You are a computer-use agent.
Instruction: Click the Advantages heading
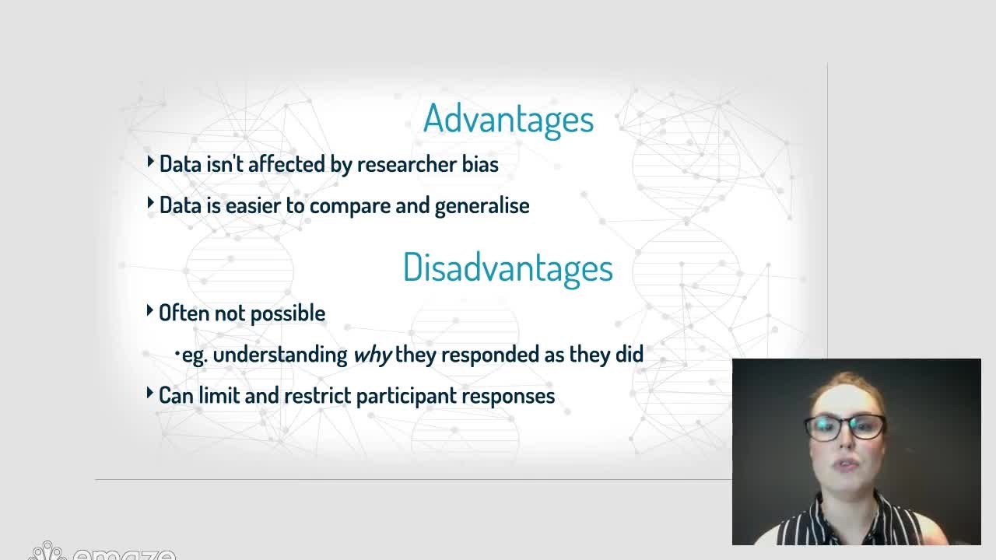pos(508,119)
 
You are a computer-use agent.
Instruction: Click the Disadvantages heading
pos(508,268)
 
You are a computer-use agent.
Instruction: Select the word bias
pos(480,164)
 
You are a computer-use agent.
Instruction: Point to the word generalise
pos(482,207)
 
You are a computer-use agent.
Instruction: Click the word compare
pos(350,207)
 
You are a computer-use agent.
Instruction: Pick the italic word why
pos(372,355)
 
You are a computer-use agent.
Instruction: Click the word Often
pos(184,313)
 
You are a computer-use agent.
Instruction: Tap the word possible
pos(288,314)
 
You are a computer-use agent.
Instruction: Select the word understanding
pos(280,355)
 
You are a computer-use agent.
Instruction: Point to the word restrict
pos(317,396)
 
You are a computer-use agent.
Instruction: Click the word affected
pos(286,164)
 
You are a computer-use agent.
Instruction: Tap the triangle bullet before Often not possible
pos(150,310)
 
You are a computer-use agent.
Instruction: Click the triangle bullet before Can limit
pos(150,393)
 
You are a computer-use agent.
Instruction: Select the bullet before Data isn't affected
pos(150,161)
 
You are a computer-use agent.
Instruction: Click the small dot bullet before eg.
pos(177,354)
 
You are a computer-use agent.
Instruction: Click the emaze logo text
pos(124,554)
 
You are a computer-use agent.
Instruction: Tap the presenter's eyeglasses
pos(845,428)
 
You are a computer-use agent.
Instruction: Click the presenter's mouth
pos(846,465)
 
